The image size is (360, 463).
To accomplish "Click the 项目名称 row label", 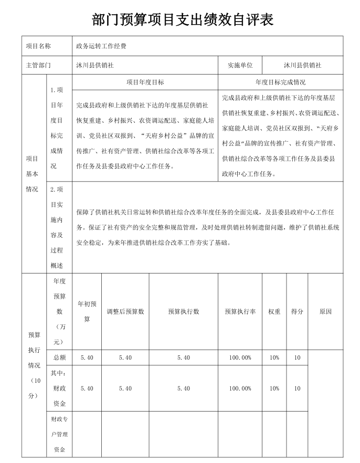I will [x=38, y=46].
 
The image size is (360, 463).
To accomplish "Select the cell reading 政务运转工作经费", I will [x=101, y=46].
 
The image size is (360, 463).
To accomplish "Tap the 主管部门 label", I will [x=38, y=66].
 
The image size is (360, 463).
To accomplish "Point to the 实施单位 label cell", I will [x=240, y=66].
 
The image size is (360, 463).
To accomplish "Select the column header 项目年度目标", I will [x=145, y=82].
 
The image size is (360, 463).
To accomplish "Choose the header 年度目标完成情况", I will [x=280, y=82].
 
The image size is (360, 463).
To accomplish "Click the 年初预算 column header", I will [x=87, y=311].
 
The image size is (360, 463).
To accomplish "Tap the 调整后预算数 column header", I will [x=125, y=311].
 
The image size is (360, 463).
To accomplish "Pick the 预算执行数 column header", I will [x=183, y=311].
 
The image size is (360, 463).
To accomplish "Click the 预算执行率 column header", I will [x=240, y=311].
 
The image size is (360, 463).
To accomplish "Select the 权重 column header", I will [x=274, y=311].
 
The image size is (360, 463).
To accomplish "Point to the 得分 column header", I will [x=297, y=311].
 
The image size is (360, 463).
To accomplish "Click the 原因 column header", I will [x=325, y=311].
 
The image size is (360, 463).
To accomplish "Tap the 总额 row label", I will [x=59, y=357].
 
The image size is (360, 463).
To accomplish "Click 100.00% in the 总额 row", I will [x=240, y=357].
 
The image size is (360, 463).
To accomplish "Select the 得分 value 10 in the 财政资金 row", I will [x=297, y=388].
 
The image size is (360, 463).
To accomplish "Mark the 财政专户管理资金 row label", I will [x=59, y=434].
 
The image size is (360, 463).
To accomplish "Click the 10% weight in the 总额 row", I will [x=274, y=357].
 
